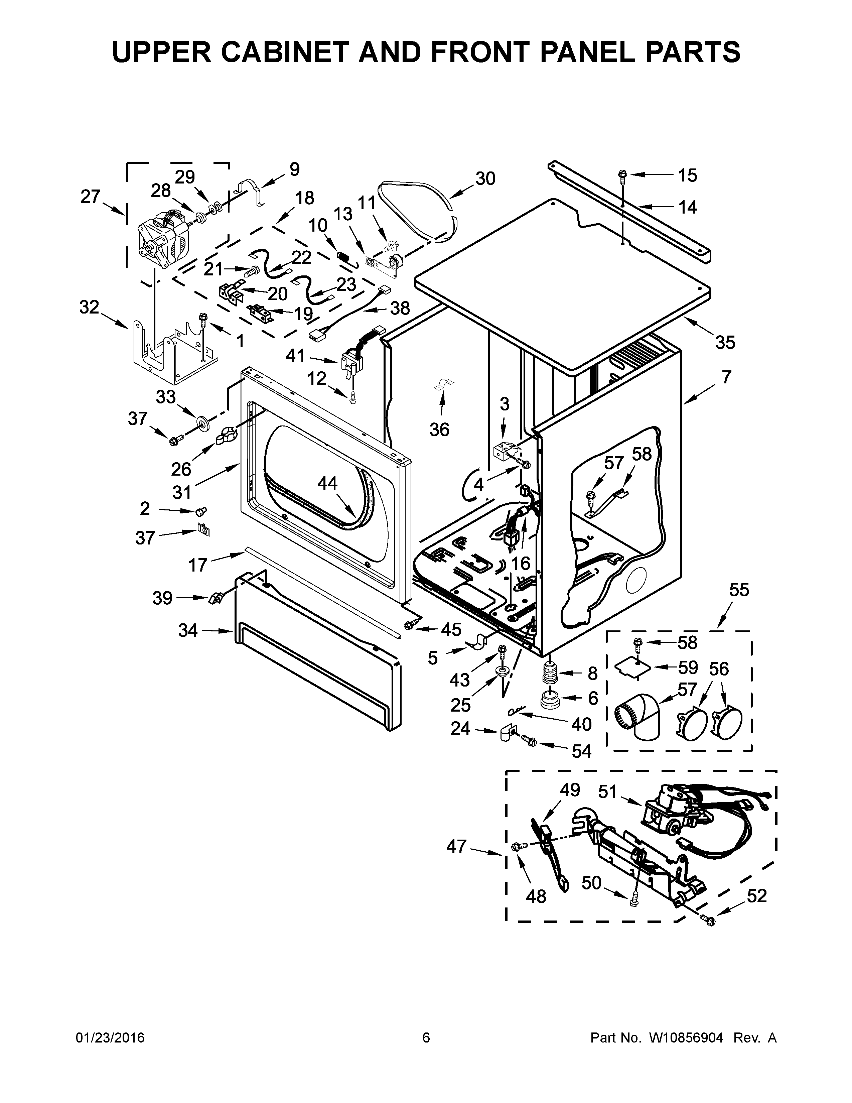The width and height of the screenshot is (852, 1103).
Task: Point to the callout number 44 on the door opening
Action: [327, 483]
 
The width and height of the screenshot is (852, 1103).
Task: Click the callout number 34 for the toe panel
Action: [188, 630]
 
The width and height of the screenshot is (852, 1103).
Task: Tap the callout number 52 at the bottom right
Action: [756, 896]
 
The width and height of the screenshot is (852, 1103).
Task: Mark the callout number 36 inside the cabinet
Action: [439, 429]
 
